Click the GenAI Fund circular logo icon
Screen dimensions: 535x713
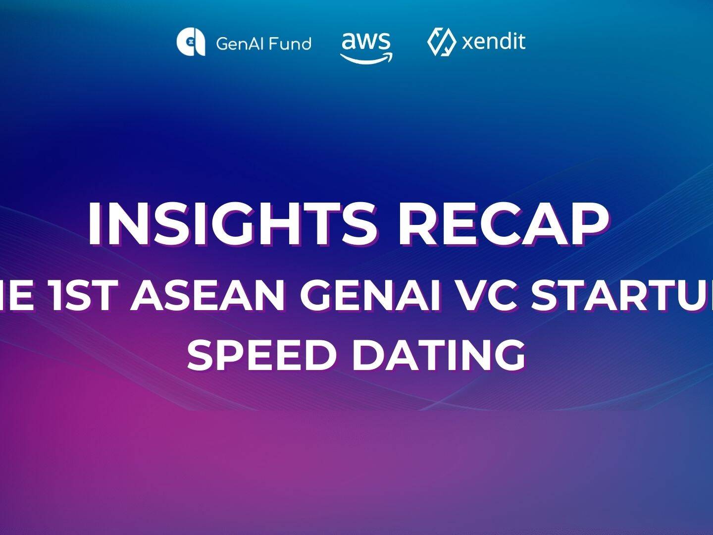191,42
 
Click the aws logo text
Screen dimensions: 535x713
366,41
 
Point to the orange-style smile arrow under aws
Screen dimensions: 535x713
366,57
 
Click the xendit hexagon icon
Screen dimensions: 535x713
441,42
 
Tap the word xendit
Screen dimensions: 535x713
493,42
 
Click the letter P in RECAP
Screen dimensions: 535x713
589,224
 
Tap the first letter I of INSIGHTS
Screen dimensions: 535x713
95,224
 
